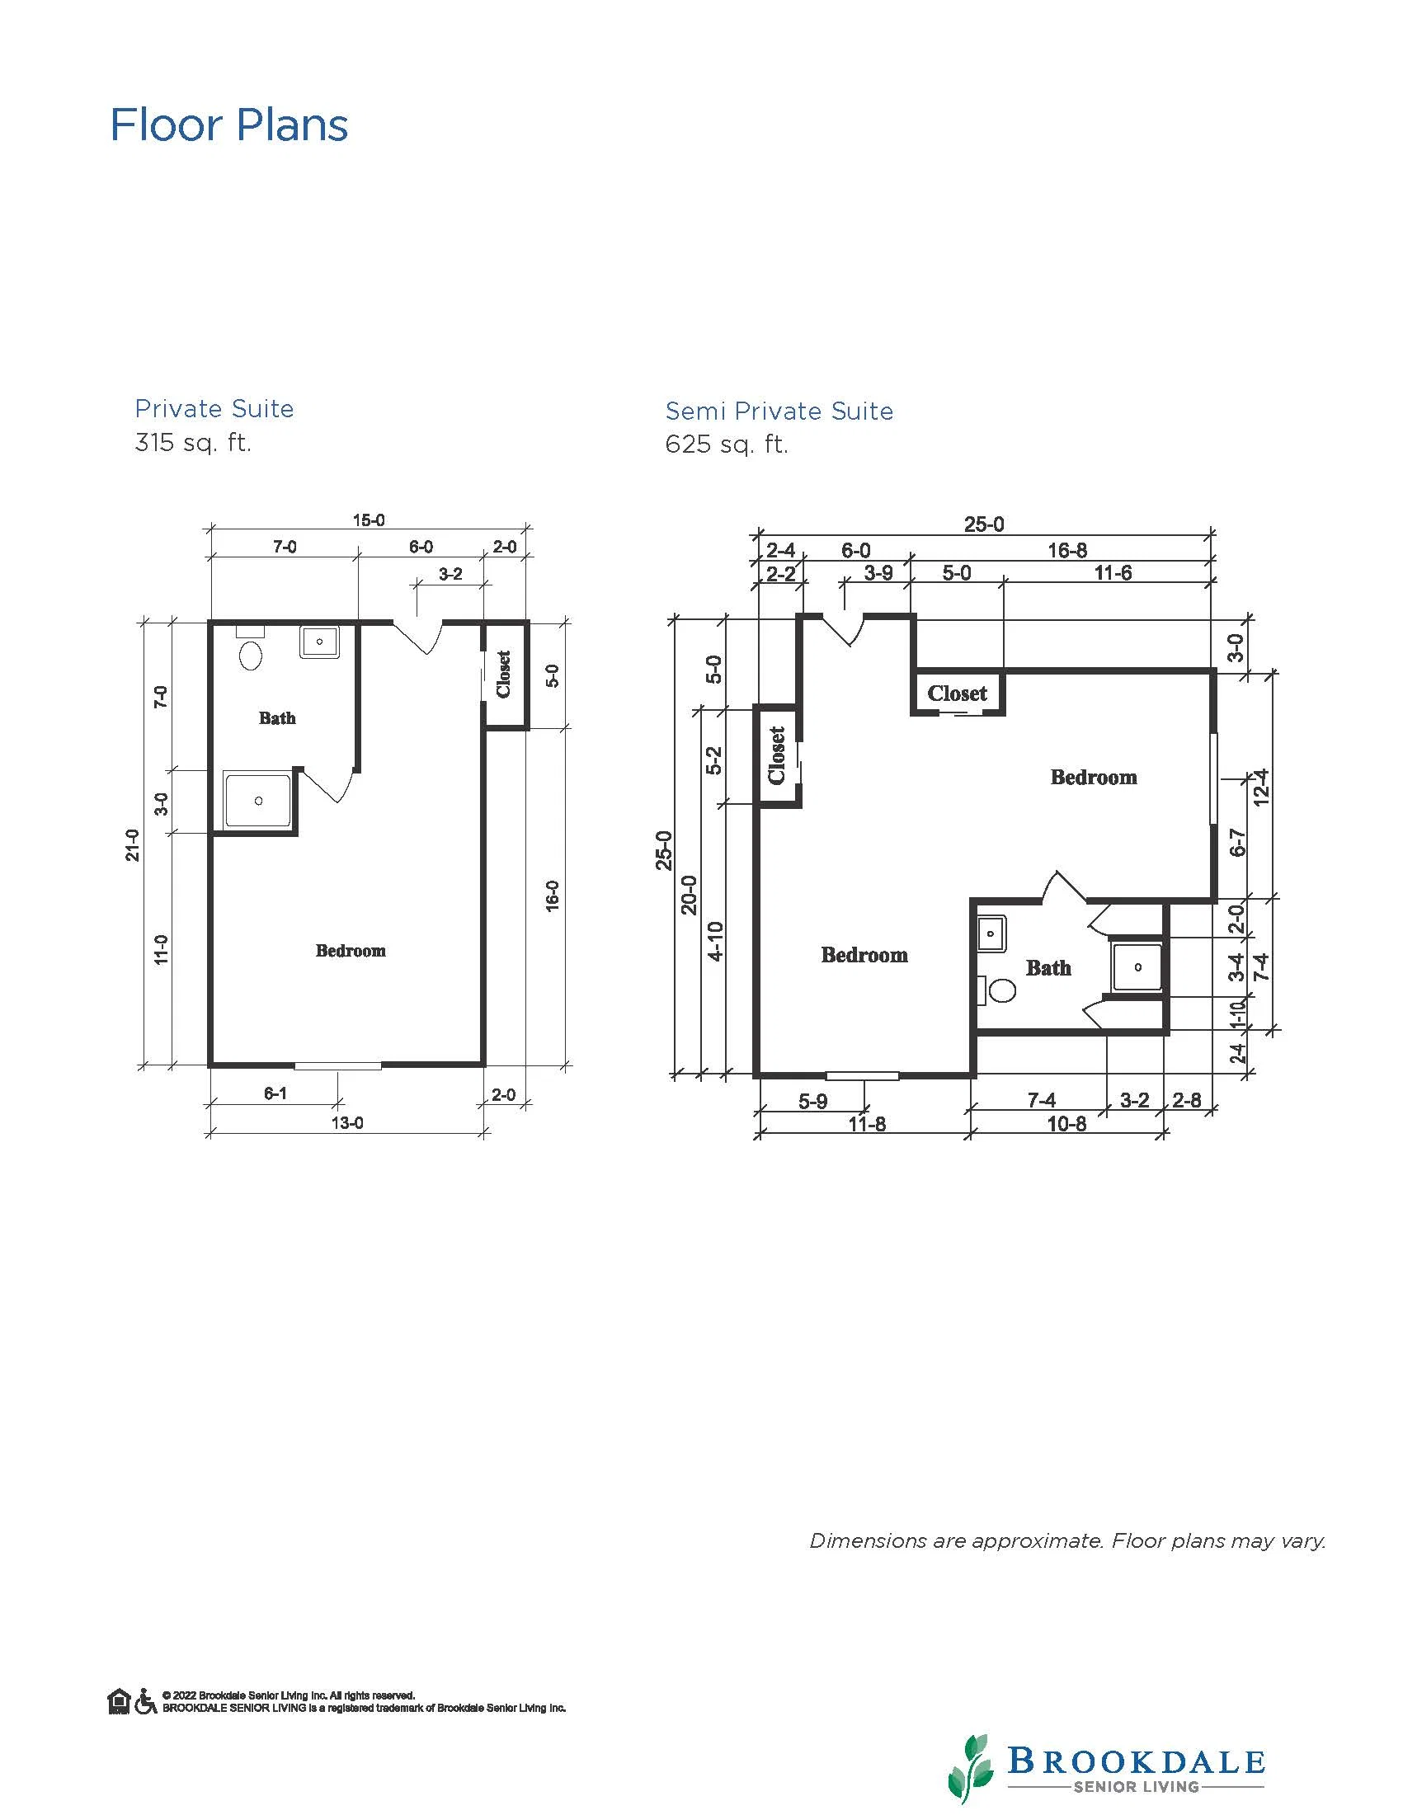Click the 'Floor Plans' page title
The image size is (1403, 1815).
pos(229,125)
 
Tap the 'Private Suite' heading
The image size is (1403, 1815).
pos(214,409)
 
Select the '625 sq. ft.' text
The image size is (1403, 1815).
pos(727,444)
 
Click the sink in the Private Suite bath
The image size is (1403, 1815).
pos(319,642)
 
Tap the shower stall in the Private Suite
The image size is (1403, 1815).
pos(258,800)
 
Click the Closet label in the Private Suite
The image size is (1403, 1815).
pos(504,674)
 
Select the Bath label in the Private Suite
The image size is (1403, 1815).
pos(277,718)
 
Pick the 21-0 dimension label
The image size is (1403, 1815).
pos(133,844)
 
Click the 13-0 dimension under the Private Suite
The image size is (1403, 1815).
pos(347,1124)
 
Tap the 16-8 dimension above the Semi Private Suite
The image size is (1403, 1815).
pos(1067,550)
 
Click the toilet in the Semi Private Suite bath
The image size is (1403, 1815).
pos(998,990)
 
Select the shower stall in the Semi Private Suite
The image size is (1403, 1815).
pos(1138,966)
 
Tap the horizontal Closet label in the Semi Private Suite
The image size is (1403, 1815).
pos(958,693)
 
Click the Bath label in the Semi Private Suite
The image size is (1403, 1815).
pos(1048,967)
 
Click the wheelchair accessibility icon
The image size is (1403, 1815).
pos(145,1701)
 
